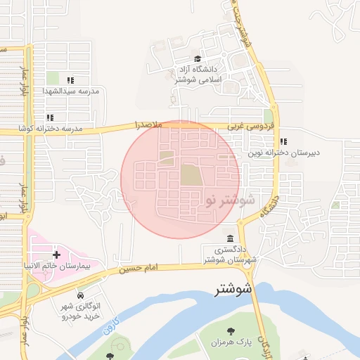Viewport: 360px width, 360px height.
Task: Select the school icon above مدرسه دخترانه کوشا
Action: point(49,117)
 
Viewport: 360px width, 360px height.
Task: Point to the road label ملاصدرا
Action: point(148,124)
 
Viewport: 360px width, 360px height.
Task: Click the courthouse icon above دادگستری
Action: point(231,238)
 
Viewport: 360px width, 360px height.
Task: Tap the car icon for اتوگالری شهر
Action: point(82,295)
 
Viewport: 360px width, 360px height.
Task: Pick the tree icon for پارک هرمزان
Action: point(230,330)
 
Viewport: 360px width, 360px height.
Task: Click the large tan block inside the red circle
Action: point(191,174)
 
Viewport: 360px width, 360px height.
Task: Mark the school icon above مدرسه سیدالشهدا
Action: point(70,80)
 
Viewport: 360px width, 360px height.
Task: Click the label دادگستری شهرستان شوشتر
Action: point(229,255)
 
